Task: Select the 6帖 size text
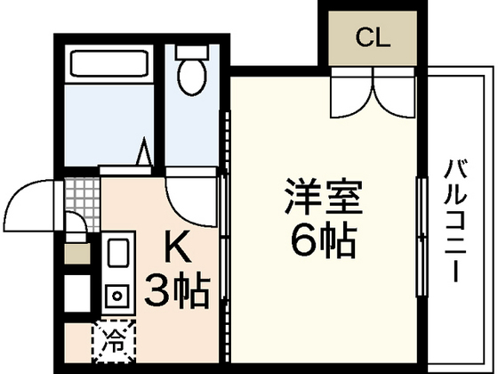coord(323,238)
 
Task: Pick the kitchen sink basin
coord(116,256)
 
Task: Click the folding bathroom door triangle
coord(142,153)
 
